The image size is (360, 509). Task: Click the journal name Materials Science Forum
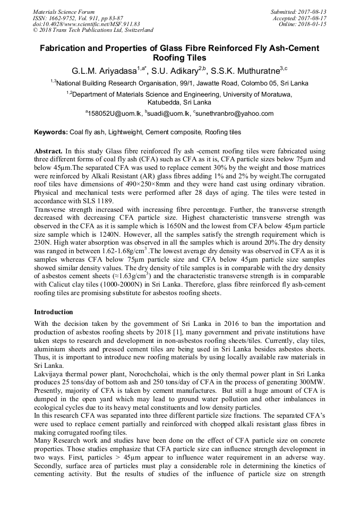pos(64,11)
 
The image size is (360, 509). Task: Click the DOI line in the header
pos(86,24)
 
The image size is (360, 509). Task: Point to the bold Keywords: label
pos(51,132)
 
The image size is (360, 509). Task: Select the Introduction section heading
pos(53,312)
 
